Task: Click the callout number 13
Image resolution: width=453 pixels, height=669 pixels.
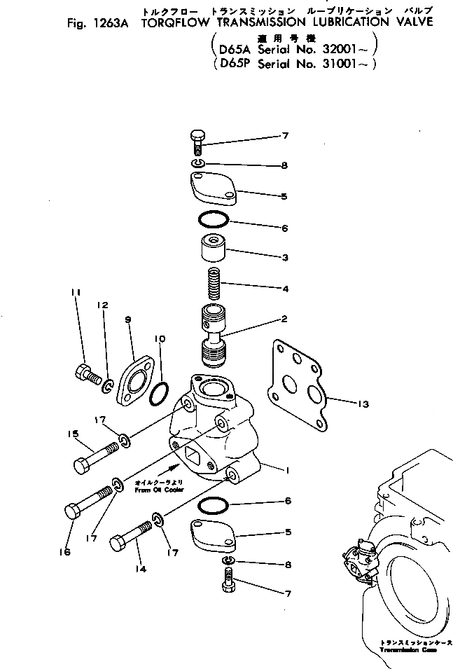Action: [342, 404]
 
